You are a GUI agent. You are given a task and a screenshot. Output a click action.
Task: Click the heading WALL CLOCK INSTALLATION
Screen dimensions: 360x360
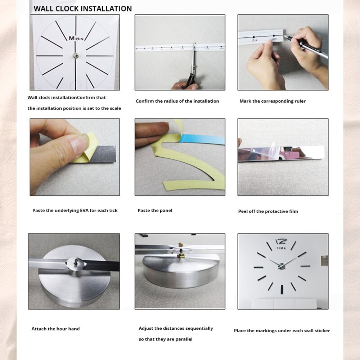82,8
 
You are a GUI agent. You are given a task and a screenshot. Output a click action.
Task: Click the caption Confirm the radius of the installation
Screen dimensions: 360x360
177,101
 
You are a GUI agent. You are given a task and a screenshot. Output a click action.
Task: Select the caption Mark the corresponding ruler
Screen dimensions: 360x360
273,101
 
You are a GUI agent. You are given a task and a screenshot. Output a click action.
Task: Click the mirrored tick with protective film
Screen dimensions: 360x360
281,153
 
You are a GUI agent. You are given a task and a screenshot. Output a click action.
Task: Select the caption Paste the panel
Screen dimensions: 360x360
155,211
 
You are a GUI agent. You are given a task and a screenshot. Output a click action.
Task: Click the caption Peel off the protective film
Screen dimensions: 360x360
268,211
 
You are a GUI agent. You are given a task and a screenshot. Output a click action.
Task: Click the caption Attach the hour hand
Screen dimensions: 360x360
55,329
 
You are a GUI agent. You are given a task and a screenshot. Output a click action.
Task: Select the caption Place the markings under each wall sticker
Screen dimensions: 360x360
282,330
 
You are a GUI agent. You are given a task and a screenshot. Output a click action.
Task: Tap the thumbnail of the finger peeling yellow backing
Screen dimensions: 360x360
75,157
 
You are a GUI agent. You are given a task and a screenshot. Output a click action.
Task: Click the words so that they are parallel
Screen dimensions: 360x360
166,339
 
